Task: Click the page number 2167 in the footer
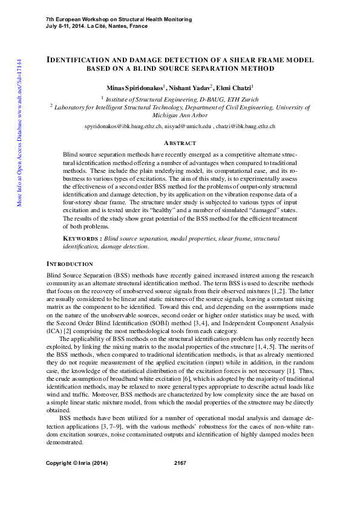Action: coord(180,463)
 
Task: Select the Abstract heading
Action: coord(180,143)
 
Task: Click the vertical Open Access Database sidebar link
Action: coord(19,133)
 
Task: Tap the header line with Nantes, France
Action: coord(96,27)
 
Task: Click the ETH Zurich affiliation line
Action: coord(180,98)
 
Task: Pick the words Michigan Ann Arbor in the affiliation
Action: coord(180,115)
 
